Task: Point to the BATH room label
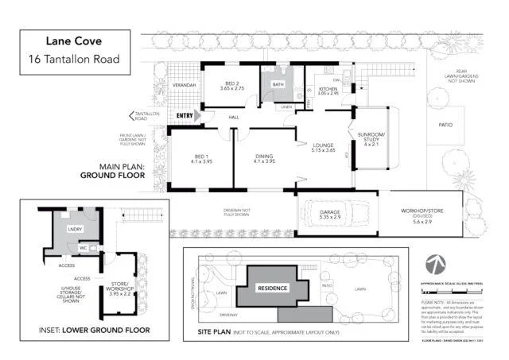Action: tap(278, 84)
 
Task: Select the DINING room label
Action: tap(263, 157)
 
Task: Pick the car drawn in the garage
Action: tap(337, 213)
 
